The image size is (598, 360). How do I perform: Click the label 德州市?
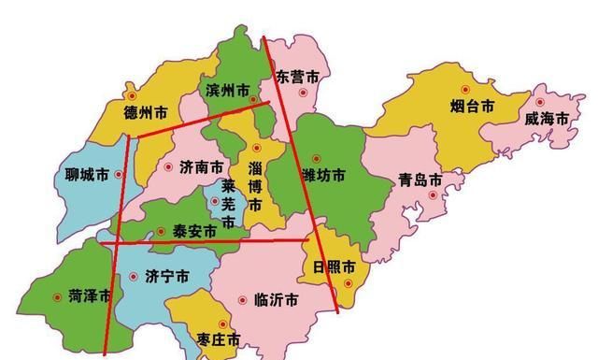(145, 112)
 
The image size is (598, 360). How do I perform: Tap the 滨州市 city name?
(226, 91)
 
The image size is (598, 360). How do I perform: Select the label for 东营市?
(297, 74)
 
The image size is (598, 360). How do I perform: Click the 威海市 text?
(546, 119)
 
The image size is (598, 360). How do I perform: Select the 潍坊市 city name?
(323, 175)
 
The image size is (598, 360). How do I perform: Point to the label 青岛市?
(420, 180)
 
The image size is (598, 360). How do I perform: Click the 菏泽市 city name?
(90, 295)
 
